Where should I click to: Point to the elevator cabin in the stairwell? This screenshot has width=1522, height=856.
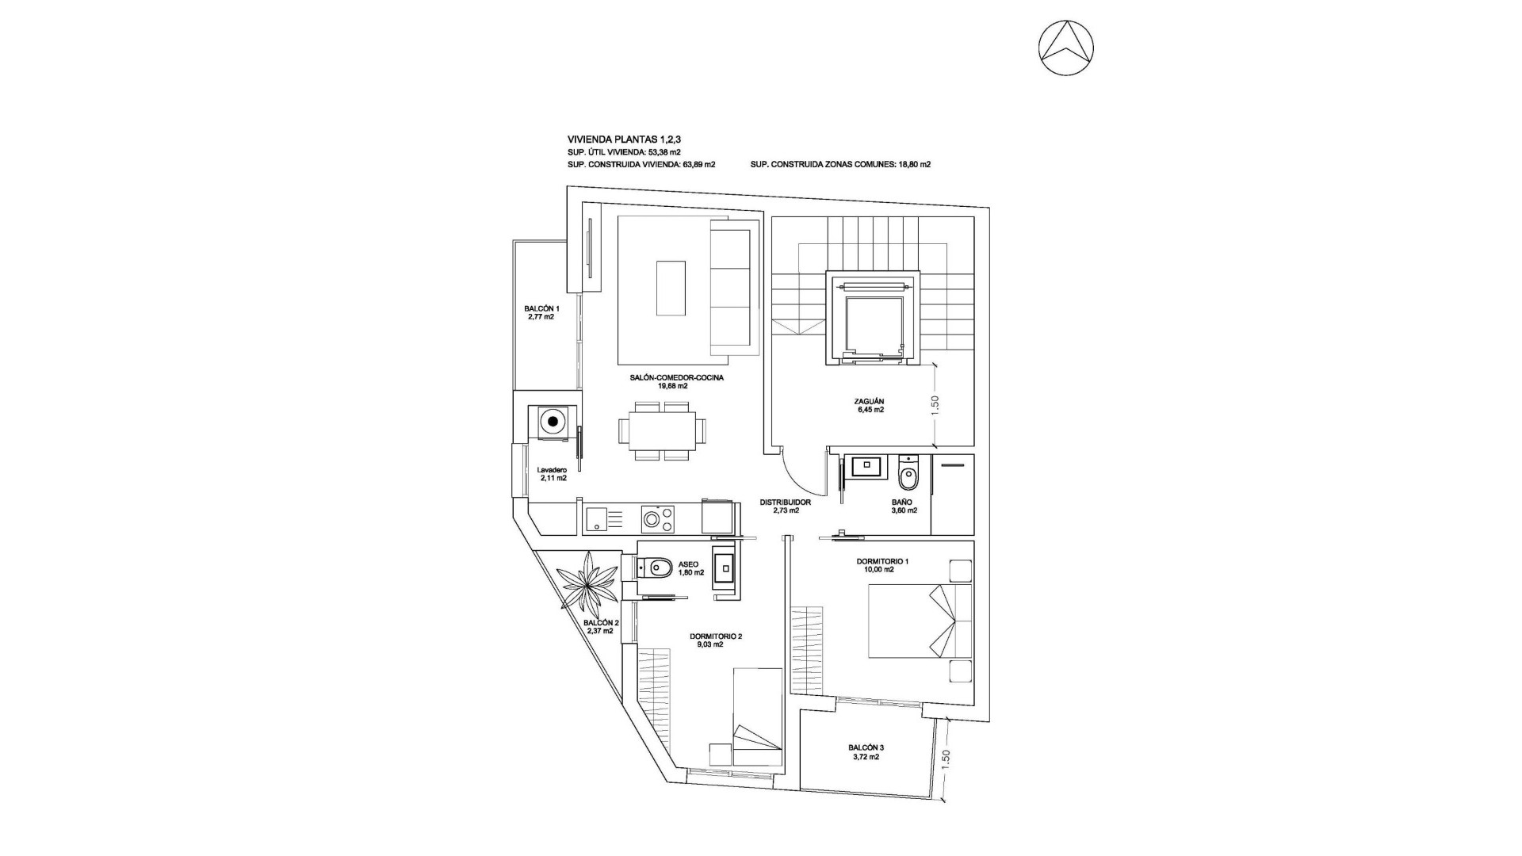click(x=874, y=324)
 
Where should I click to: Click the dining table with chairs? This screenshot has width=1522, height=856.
click(x=657, y=431)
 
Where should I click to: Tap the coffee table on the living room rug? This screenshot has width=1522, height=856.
click(x=671, y=289)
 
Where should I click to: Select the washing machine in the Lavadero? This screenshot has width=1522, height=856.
click(x=553, y=421)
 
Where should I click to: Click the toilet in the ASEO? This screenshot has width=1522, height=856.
click(x=655, y=567)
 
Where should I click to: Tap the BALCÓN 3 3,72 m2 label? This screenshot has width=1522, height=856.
click(x=866, y=751)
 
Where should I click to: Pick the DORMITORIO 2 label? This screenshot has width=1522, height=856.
click(x=716, y=640)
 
